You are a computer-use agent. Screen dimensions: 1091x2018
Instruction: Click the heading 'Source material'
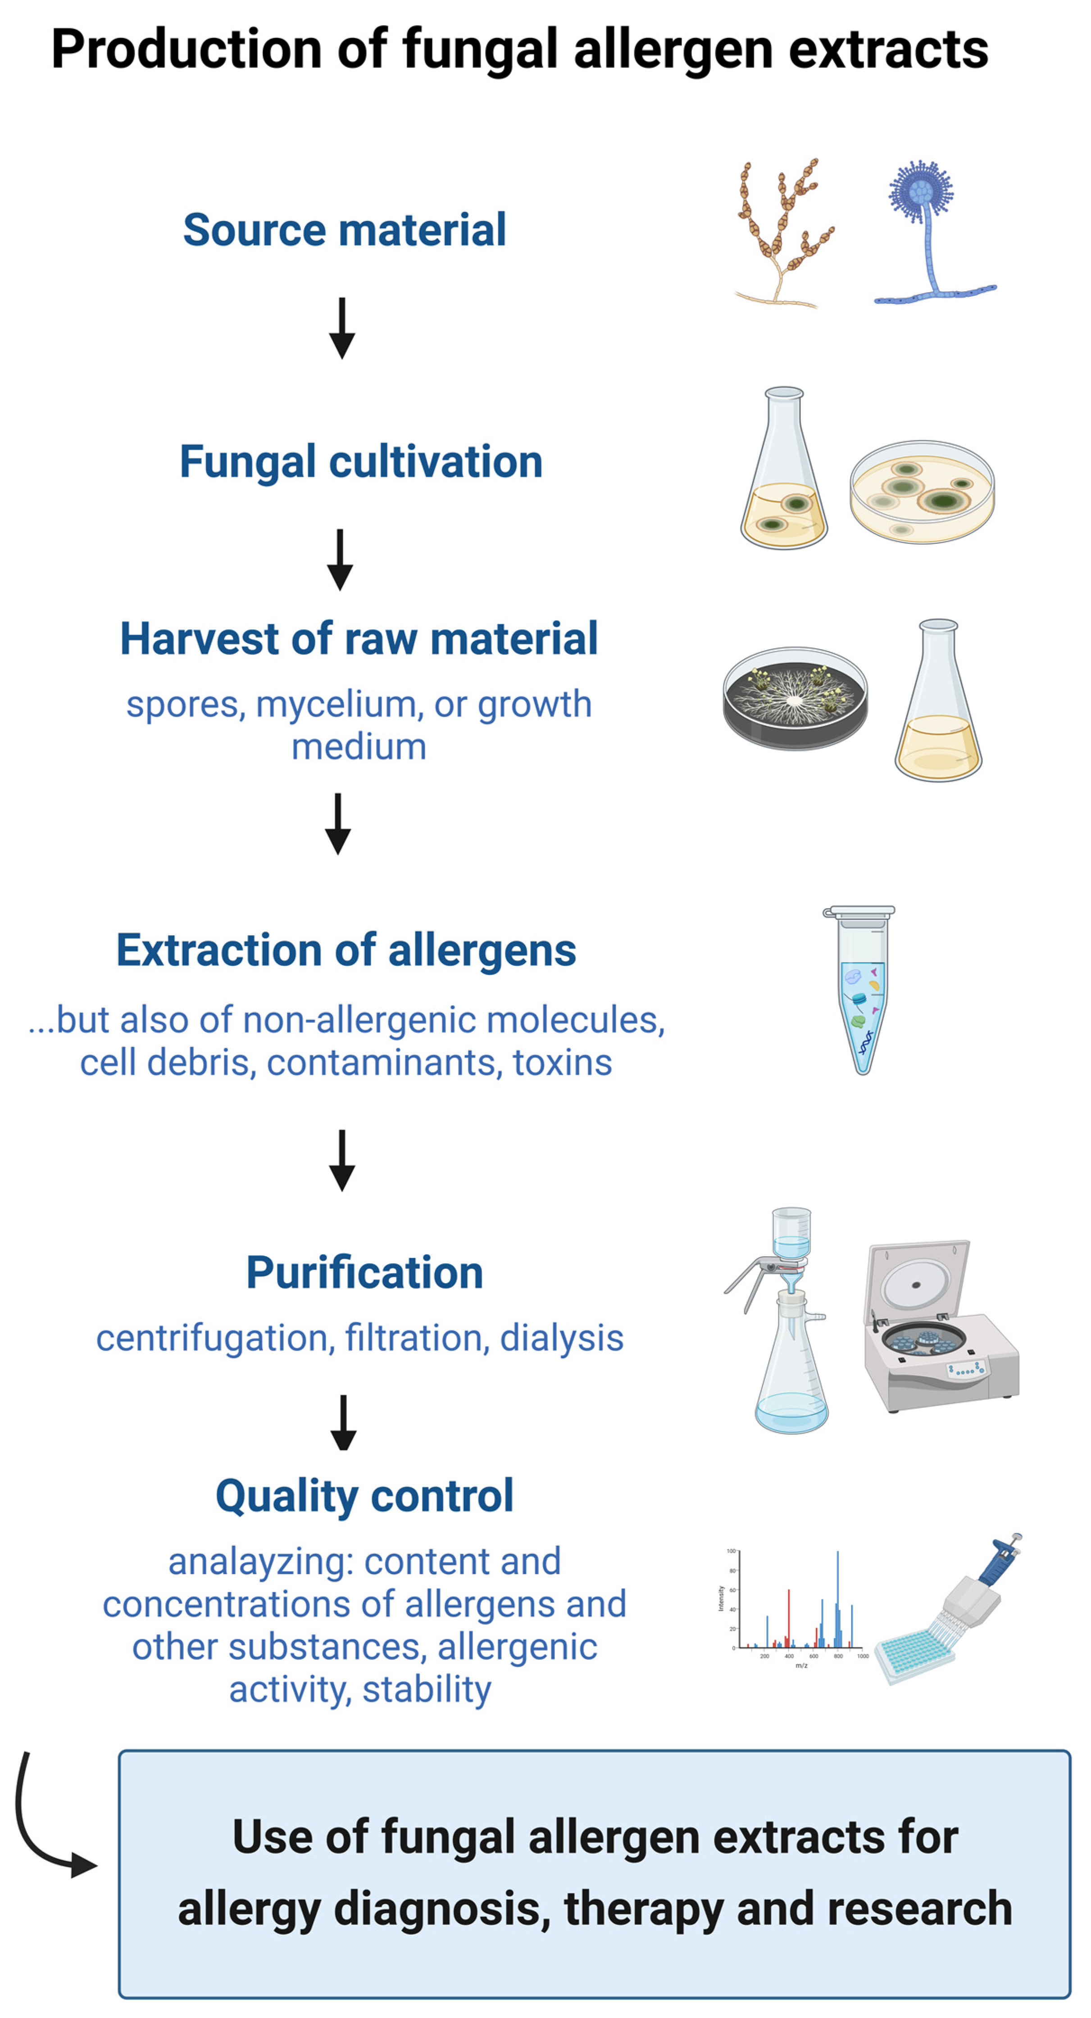click(344, 231)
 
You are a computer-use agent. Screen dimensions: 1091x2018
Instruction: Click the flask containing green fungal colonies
click(784, 468)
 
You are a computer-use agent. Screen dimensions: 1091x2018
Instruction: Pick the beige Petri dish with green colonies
click(923, 491)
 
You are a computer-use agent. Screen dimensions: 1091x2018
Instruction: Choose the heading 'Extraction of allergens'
click(346, 950)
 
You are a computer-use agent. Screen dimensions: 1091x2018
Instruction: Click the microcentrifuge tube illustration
click(860, 990)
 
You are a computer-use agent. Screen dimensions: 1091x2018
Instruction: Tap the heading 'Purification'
click(364, 1273)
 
